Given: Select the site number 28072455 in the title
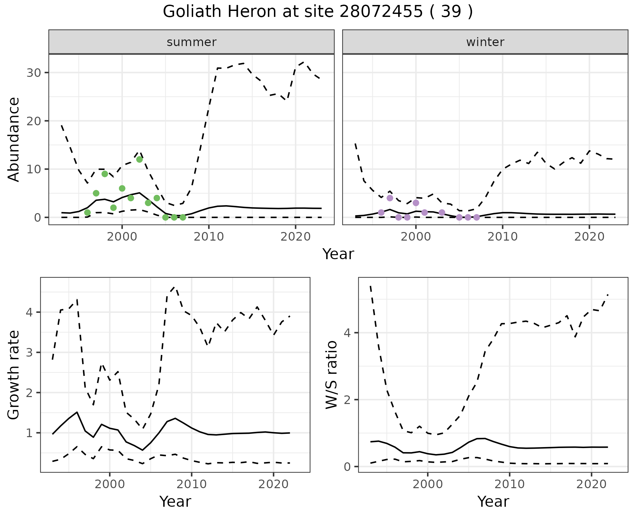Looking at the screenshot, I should coord(381,12).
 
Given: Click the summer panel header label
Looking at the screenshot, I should coord(191,42).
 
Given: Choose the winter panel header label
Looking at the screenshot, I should coord(485,42).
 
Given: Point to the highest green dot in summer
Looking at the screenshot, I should coord(139,159).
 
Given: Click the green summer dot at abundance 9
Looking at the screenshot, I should coord(105,174).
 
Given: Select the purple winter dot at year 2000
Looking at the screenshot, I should coord(416,203).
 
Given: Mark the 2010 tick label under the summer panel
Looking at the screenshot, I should coord(209,237).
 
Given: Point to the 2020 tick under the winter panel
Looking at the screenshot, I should coord(589,237).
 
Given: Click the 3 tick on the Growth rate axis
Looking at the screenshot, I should coord(29,353).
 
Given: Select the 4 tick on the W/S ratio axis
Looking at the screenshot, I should coord(347,333).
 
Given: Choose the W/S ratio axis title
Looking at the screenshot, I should coord(332,374).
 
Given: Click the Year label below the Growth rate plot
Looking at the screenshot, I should coord(175,501).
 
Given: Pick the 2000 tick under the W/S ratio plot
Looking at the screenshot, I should coord(428,484).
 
